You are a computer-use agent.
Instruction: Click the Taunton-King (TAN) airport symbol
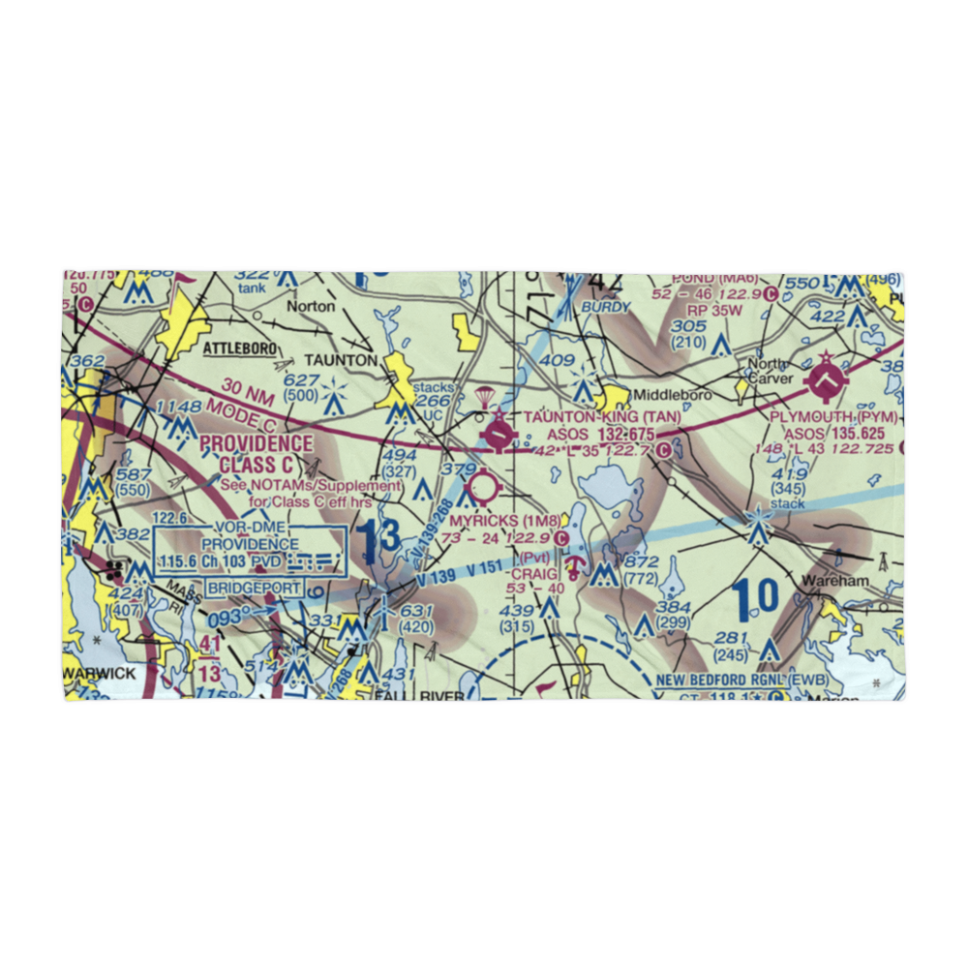498,434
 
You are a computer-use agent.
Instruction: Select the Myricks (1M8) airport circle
482,486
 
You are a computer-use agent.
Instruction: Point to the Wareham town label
834,582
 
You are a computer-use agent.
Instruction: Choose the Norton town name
310,306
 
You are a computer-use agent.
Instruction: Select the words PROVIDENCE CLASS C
256,454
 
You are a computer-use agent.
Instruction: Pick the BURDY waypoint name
605,307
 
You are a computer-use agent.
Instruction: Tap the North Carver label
770,372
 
